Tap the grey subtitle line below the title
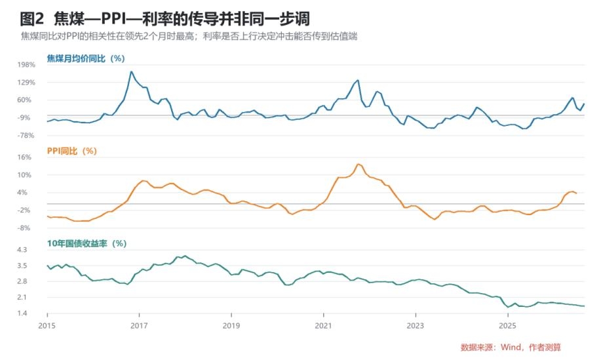pyautogui.click(x=189, y=37)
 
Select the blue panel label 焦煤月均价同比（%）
pyautogui.click(x=86, y=58)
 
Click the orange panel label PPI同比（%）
pyautogui.click(x=71, y=151)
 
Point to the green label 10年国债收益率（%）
pyautogui.click(x=87, y=243)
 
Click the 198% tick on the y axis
pyautogui.click(x=26, y=65)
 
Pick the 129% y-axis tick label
pyautogui.click(x=26, y=83)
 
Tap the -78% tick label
pyautogui.click(x=26, y=135)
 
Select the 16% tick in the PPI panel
pyautogui.click(x=24, y=157)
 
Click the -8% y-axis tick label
pyautogui.click(x=24, y=228)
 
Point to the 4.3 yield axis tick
pyautogui.click(x=22, y=250)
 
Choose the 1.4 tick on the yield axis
pyautogui.click(x=22, y=313)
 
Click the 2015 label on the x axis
pyautogui.click(x=47, y=326)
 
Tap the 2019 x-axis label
pyautogui.click(x=231, y=326)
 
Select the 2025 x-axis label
pyautogui.click(x=507, y=326)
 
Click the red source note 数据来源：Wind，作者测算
pyautogui.click(x=511, y=348)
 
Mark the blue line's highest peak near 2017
pyautogui.click(x=131, y=71)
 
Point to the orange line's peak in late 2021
pyautogui.click(x=358, y=164)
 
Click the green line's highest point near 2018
pyautogui.click(x=185, y=256)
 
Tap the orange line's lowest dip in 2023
pyautogui.click(x=435, y=219)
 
